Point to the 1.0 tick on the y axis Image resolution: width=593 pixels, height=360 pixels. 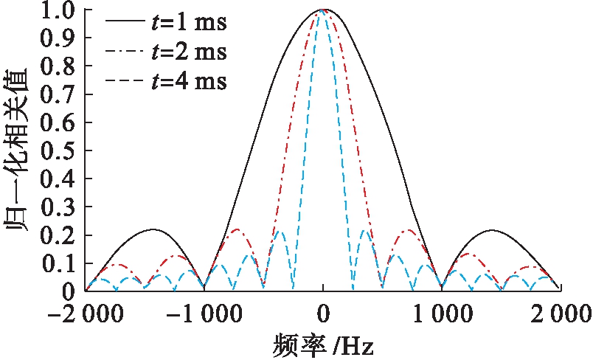click(60, 12)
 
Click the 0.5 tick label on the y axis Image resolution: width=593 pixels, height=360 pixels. click(60, 151)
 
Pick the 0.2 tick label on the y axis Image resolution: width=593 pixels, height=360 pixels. click(60, 235)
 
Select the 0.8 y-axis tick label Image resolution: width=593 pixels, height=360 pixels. click(60, 67)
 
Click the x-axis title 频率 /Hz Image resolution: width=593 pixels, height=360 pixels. click(322, 344)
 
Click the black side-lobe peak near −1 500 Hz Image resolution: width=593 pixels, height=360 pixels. click(153, 229)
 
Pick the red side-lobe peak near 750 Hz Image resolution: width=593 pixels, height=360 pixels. click(409, 229)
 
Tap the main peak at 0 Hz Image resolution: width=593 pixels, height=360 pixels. click(322, 10)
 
